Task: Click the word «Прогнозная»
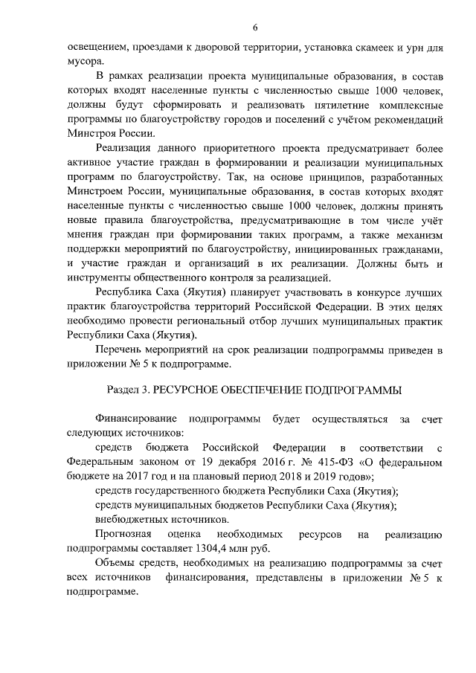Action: pos(125,534)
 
